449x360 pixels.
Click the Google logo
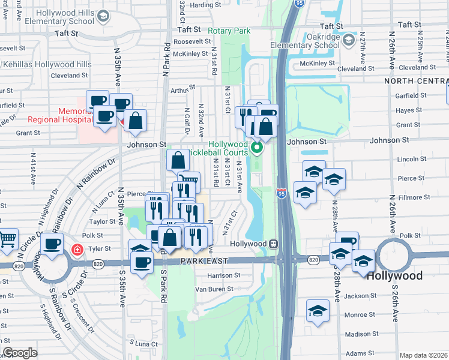coord(20,353)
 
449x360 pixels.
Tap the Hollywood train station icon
coord(273,244)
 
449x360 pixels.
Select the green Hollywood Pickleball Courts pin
coord(257,147)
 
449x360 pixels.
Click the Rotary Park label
coord(229,31)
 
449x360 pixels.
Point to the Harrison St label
coord(223,275)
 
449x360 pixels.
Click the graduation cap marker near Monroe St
coord(318,310)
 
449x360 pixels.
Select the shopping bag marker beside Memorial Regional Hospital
coord(136,120)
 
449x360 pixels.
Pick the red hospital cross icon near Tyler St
coord(77,249)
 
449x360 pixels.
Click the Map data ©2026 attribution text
coord(424,355)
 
